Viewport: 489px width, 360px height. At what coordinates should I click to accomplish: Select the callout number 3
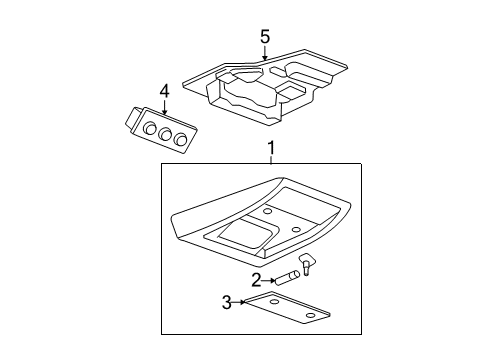coord(227,301)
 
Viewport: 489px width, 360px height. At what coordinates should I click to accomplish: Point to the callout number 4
coord(164,93)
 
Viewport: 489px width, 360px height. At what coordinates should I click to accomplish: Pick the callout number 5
coord(265,37)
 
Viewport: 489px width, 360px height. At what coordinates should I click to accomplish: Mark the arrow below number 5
coord(265,54)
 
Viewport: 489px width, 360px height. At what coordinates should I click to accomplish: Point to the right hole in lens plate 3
coord(308,317)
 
